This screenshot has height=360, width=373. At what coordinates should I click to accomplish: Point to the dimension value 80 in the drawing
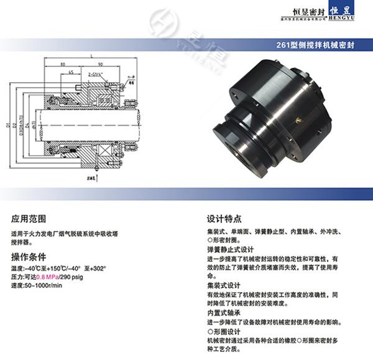coord(64,65)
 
